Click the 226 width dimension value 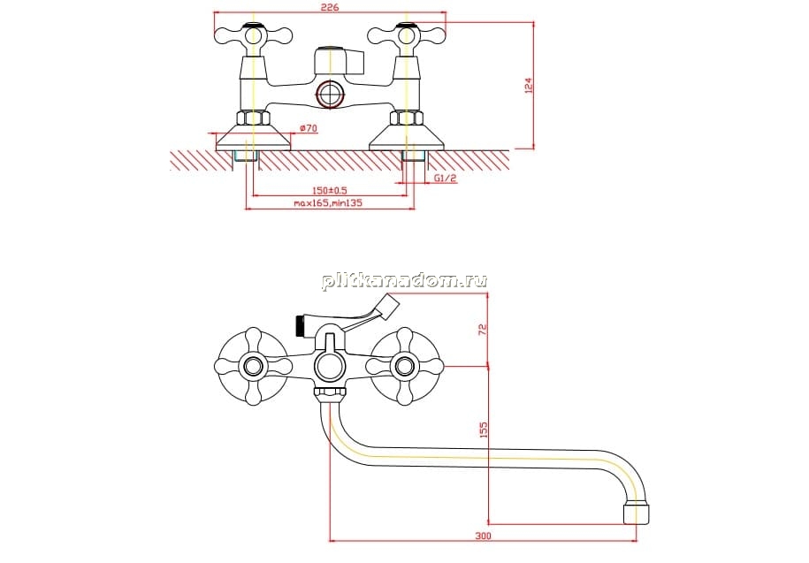tap(330, 8)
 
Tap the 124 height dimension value tap(529, 86)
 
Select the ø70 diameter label tap(308, 128)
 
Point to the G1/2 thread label tap(446, 178)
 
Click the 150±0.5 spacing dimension tap(330, 190)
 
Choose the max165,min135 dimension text tap(328, 203)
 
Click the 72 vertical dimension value tap(483, 329)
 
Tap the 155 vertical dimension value tap(483, 430)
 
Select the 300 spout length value tap(483, 536)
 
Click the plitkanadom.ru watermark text tap(405, 281)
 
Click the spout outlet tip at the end tap(637, 513)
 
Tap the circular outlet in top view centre tap(330, 95)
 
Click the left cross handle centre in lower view tap(253, 367)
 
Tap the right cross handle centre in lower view tap(405, 367)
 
